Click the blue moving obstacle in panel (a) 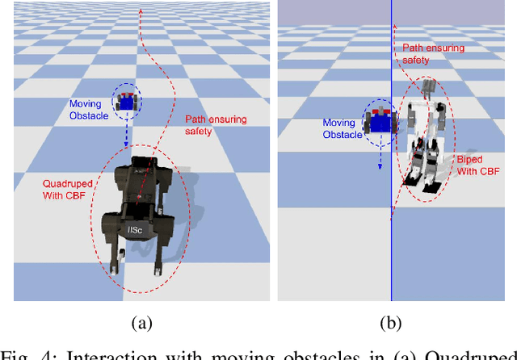pyautogui.click(x=126, y=101)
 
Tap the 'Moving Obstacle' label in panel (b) pyautogui.click(x=343, y=128)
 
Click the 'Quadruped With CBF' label pyautogui.click(x=67, y=189)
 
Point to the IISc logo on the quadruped pyautogui.click(x=136, y=230)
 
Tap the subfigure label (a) pyautogui.click(x=141, y=324)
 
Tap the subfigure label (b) pyautogui.click(x=390, y=324)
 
